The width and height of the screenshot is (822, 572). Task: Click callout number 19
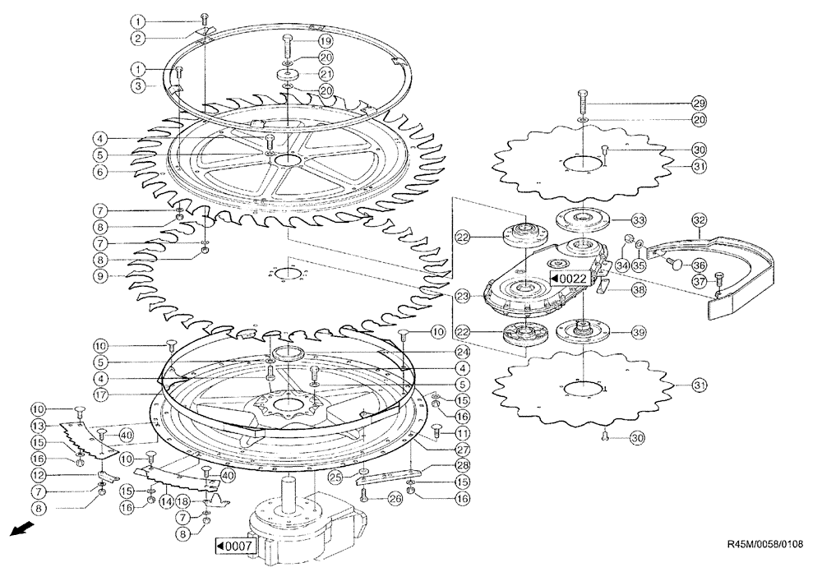coord(326,40)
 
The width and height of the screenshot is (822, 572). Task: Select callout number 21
coord(326,74)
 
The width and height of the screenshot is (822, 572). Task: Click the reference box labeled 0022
coord(568,279)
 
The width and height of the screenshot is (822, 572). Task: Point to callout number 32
coord(700,220)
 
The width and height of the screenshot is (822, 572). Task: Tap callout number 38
coord(638,289)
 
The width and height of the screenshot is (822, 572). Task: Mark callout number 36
coord(700,264)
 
